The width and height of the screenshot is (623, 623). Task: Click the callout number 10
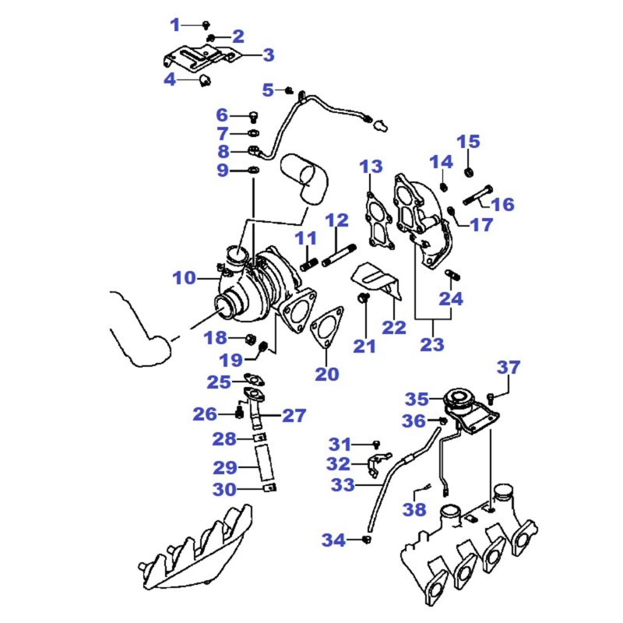coord(184,278)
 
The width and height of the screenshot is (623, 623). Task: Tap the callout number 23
coord(432,344)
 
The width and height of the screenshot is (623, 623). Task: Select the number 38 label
coord(414,509)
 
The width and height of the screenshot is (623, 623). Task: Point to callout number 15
coord(468,142)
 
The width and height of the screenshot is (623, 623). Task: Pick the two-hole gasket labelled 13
coord(379,220)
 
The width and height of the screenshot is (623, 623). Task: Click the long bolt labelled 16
coord(477,195)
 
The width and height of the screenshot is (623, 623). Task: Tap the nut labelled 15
coord(469,172)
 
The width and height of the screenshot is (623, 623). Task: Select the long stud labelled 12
coord(339,255)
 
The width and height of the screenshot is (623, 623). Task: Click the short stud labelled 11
coord(309,264)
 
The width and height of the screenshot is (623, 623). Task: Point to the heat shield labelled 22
coord(375,279)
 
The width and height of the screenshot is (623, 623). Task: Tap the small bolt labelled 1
coord(206,26)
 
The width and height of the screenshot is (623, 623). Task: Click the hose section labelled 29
coord(266,463)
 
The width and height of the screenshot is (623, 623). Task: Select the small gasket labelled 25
coord(255,379)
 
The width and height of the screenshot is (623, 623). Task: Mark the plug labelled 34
coord(367,539)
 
